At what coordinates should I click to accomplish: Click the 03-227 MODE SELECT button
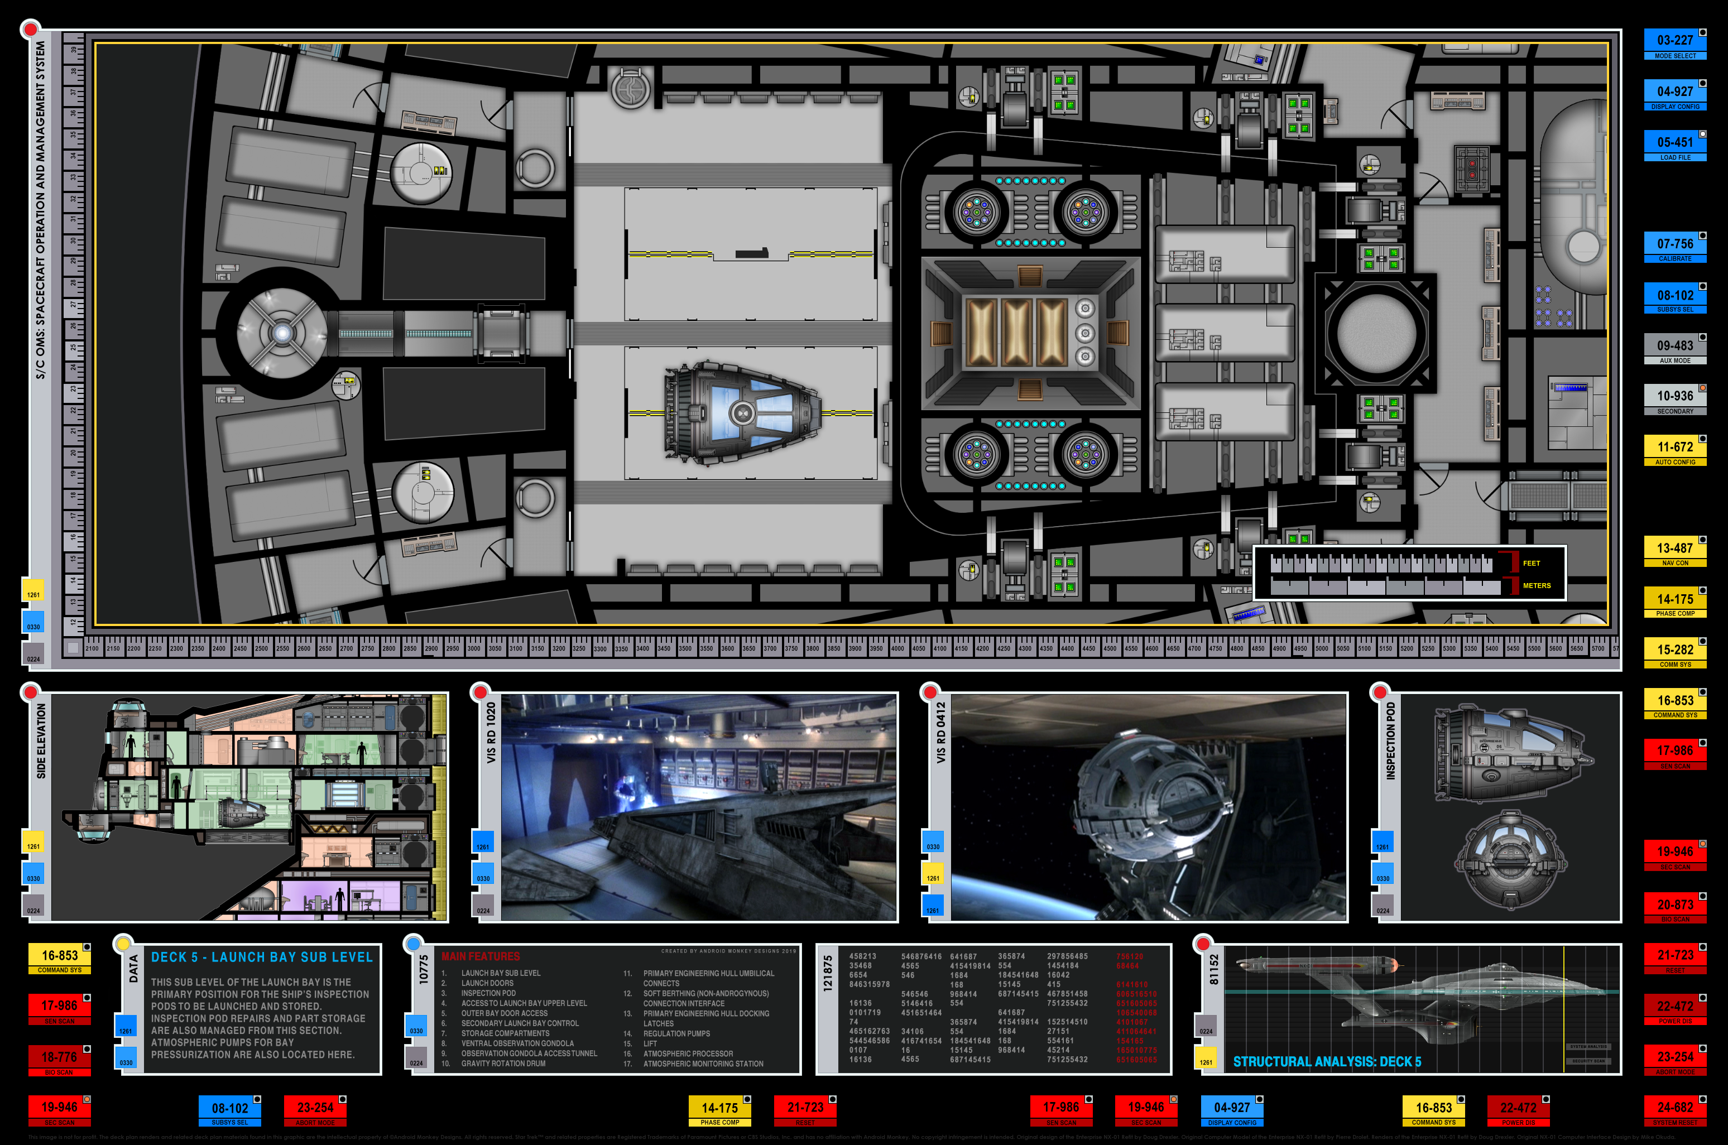[x=1674, y=44]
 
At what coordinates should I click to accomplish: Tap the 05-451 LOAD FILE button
[x=1674, y=146]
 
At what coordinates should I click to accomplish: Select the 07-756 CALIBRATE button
[x=1674, y=248]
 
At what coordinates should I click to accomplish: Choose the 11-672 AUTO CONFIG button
[x=1674, y=450]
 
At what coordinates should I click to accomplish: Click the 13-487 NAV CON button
[x=1674, y=552]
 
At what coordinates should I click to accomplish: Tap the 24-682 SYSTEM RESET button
[x=1674, y=1112]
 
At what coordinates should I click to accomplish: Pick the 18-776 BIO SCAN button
[x=59, y=1060]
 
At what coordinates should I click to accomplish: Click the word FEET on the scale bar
[x=1531, y=563]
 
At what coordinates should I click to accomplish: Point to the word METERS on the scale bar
[x=1536, y=586]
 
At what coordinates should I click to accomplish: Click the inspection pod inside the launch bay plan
[x=741, y=412]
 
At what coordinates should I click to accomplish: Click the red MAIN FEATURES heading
[x=481, y=956]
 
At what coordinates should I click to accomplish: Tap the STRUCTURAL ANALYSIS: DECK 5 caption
[x=1327, y=1062]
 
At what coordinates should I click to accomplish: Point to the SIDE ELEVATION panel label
[x=41, y=740]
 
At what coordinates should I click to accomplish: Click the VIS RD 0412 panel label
[x=940, y=733]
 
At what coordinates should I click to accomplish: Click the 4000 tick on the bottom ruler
[x=897, y=648]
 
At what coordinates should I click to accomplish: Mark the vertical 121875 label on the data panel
[x=828, y=973]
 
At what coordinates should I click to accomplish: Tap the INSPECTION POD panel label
[x=1390, y=740]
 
